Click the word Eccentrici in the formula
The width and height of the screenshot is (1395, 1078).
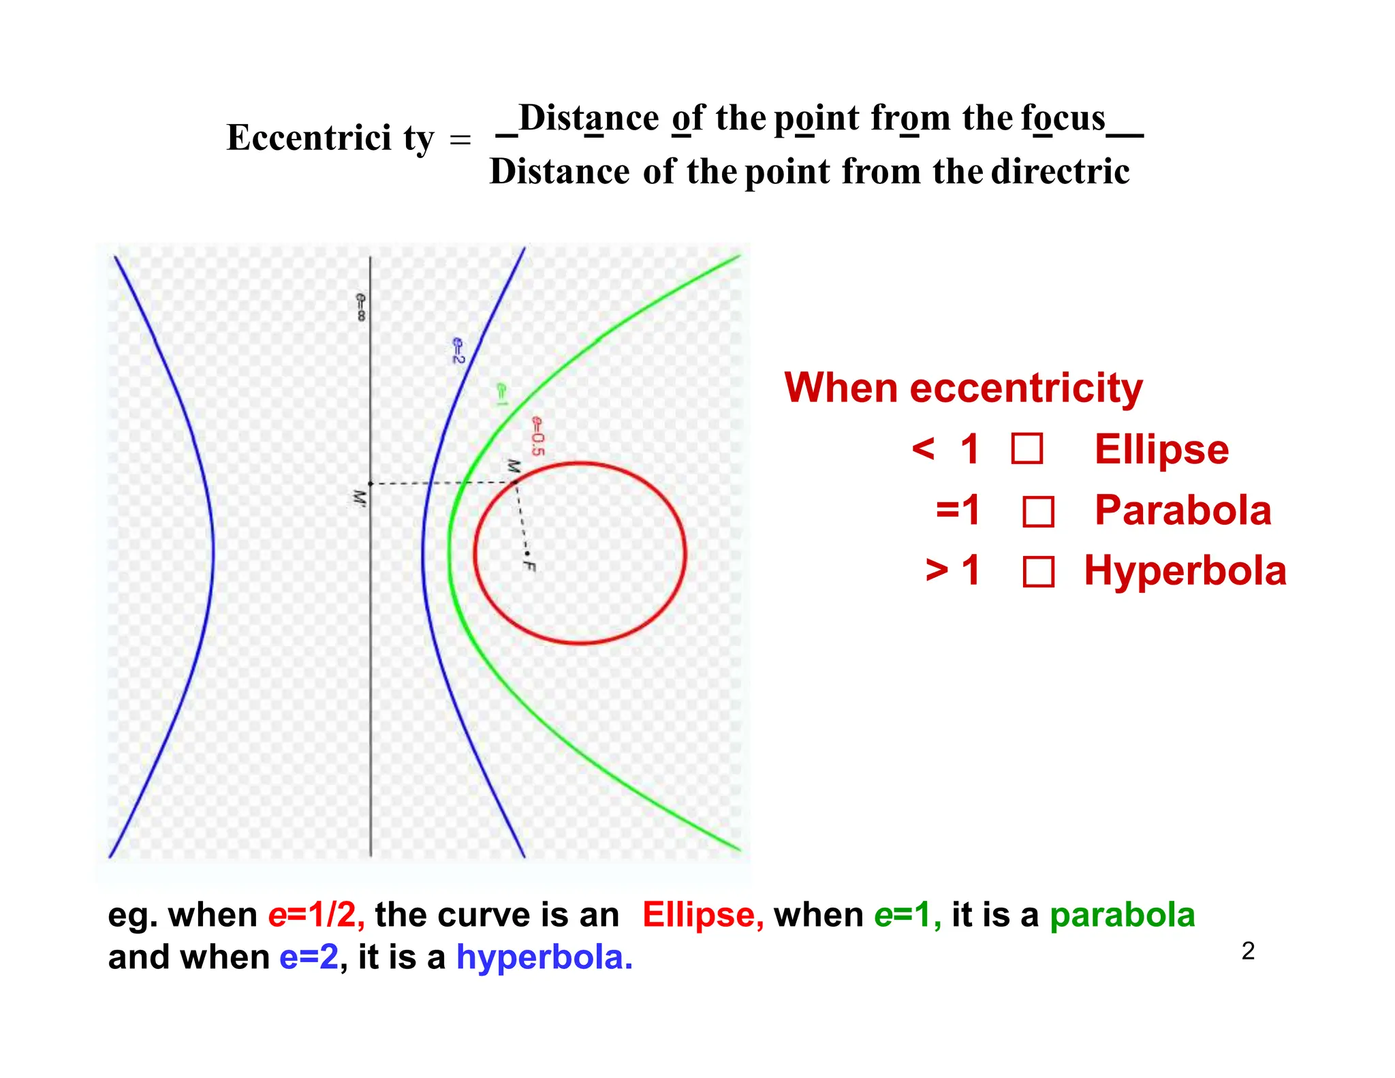click(309, 138)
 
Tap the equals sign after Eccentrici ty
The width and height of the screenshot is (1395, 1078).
click(460, 140)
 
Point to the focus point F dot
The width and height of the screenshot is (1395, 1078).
click(527, 553)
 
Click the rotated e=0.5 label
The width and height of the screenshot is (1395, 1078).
click(537, 436)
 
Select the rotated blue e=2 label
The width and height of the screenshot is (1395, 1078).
click(458, 350)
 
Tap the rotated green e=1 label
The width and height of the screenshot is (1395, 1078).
click(501, 395)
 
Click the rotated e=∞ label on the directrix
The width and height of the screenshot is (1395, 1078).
click(360, 307)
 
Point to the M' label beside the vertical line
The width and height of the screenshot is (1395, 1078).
click(358, 497)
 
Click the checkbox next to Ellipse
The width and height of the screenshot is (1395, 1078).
click(1026, 450)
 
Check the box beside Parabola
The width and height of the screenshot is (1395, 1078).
click(1038, 512)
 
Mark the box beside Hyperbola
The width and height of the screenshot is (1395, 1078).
click(1038, 572)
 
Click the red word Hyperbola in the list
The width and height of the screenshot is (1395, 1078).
click(1185, 571)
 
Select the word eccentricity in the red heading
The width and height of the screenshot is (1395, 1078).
click(1026, 388)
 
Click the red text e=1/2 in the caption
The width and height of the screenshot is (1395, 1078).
click(316, 915)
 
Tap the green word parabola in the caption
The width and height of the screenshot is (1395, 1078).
click(1122, 915)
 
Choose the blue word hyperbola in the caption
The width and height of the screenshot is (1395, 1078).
click(544, 957)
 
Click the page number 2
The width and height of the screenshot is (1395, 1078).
click(1248, 951)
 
